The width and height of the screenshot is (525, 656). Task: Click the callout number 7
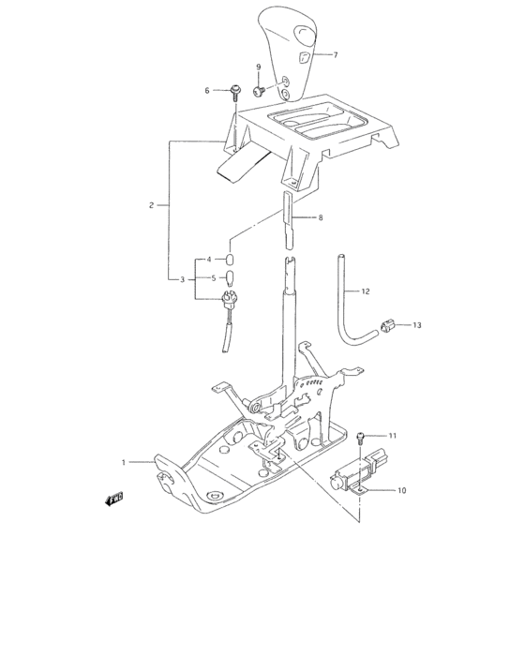tap(336, 55)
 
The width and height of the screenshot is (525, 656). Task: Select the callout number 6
tap(208, 90)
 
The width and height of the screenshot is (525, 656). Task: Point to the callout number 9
tap(260, 67)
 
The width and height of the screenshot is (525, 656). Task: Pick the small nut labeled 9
tap(260, 91)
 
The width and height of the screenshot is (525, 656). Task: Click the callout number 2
tap(151, 204)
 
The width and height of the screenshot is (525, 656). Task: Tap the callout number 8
tap(320, 218)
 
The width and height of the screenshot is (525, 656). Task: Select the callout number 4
tap(210, 259)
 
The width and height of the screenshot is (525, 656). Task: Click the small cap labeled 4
tap(230, 259)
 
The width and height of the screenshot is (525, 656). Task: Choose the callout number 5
tap(214, 278)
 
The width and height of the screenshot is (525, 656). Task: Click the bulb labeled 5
tap(230, 278)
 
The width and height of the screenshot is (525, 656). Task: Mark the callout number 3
tap(183, 279)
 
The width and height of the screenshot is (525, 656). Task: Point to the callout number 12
tap(367, 291)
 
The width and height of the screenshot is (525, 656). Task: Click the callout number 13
tap(416, 326)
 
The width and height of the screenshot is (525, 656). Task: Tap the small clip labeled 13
tap(385, 327)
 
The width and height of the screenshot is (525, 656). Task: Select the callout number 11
tap(394, 437)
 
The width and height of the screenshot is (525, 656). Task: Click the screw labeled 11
tap(364, 439)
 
